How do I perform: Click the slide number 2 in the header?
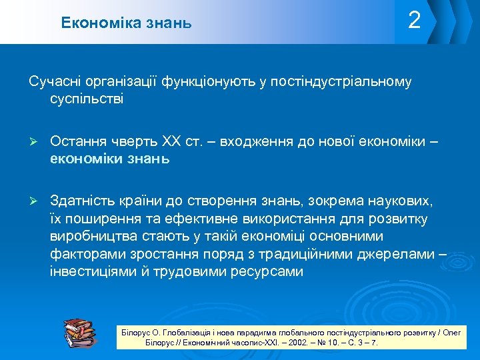click(x=414, y=21)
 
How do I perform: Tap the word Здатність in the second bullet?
click(x=81, y=202)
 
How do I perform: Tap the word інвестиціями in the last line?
click(x=90, y=271)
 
